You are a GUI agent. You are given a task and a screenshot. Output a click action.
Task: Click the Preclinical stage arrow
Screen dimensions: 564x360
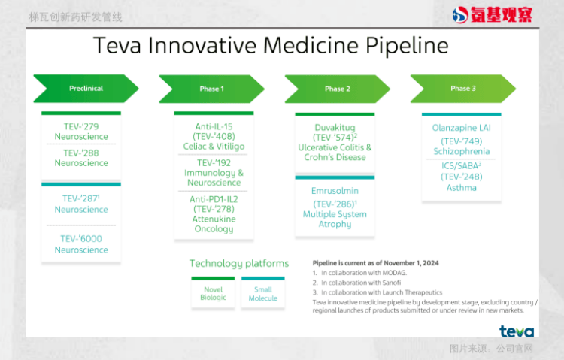click(86, 89)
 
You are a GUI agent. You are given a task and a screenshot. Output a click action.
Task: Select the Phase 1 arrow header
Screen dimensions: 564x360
click(211, 89)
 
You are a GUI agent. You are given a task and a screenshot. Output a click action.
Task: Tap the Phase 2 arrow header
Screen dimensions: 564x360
click(338, 89)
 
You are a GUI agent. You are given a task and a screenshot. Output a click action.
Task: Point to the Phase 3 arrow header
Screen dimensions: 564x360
click(463, 89)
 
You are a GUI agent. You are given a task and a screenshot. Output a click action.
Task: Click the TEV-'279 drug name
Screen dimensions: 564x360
click(81, 126)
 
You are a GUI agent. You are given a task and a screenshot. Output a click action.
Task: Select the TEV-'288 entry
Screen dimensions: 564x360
click(81, 153)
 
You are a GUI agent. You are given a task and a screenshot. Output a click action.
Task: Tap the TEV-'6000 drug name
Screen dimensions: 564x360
click(81, 238)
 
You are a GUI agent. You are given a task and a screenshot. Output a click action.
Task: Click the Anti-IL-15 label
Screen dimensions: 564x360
click(214, 126)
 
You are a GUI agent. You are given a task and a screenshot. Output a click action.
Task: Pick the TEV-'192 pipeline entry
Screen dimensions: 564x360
click(214, 162)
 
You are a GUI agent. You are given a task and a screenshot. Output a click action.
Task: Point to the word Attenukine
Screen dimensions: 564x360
click(214, 219)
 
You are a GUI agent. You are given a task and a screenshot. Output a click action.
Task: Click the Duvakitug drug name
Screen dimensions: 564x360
click(335, 127)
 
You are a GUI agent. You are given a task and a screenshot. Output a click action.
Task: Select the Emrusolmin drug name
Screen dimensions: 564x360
click(335, 191)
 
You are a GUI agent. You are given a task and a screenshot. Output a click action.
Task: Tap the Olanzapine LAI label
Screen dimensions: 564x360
click(462, 128)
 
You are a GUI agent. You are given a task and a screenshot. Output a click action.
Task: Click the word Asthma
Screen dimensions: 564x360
click(462, 188)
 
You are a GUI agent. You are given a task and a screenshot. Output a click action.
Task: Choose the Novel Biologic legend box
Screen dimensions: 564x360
click(213, 293)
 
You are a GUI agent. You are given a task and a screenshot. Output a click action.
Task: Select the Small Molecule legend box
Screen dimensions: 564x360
click(263, 293)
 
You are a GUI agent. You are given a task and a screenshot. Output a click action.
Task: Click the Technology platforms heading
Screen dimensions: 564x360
click(239, 264)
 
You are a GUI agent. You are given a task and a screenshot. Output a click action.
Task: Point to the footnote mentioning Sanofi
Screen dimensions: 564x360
click(356, 283)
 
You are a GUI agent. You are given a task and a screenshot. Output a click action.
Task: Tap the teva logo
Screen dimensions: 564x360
click(517, 331)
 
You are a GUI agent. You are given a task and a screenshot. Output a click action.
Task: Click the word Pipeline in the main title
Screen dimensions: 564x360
click(407, 46)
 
